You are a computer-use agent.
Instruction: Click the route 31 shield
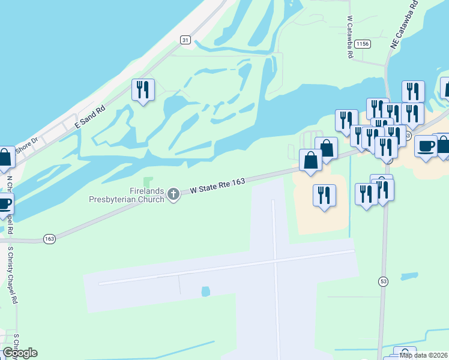185,40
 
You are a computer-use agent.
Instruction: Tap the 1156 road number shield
362,44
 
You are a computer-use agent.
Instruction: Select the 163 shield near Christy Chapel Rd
49,239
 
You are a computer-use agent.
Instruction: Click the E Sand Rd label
89,117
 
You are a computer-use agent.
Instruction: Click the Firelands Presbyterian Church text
127,194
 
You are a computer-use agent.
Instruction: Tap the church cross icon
173,194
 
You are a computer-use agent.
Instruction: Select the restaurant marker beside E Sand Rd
143,90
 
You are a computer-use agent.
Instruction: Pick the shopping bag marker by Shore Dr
5,157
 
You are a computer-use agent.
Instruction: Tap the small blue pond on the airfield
206,292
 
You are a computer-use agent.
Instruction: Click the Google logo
20,353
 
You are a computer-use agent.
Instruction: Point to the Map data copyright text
423,355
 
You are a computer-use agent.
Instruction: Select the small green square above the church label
149,181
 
